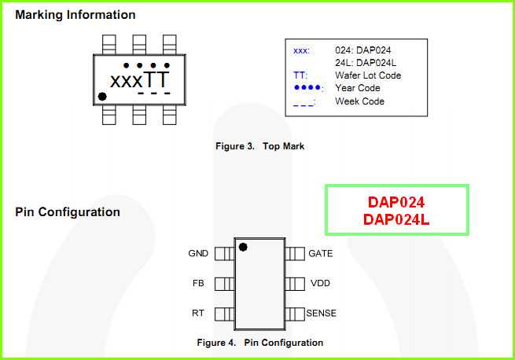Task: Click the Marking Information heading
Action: (75, 15)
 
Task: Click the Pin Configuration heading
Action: (68, 212)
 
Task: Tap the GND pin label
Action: (198, 254)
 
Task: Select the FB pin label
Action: (198, 283)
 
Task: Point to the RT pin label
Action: (198, 313)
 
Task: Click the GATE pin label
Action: (320, 254)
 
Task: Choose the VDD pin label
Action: (320, 283)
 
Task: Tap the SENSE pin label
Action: (321, 313)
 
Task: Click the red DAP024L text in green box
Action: (396, 220)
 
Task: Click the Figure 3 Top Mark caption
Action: (259, 146)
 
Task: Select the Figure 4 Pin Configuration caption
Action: (259, 343)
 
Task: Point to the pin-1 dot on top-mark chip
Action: (102, 97)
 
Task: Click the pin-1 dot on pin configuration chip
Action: (243, 247)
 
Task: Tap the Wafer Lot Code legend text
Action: (368, 75)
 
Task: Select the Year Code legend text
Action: (358, 88)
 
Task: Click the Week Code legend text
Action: (359, 101)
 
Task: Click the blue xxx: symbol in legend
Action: (301, 50)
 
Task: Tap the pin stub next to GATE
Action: (295, 254)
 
